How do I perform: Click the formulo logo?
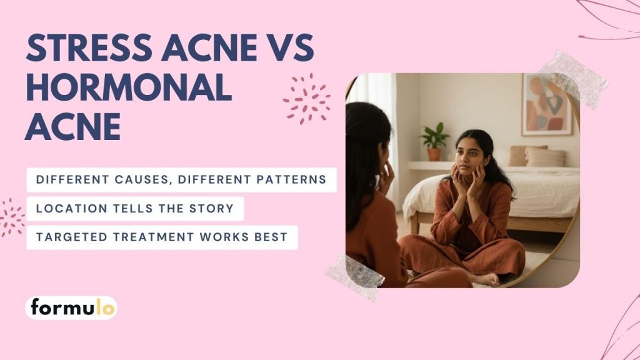[x=71, y=307]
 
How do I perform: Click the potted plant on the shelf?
[x=434, y=141]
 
